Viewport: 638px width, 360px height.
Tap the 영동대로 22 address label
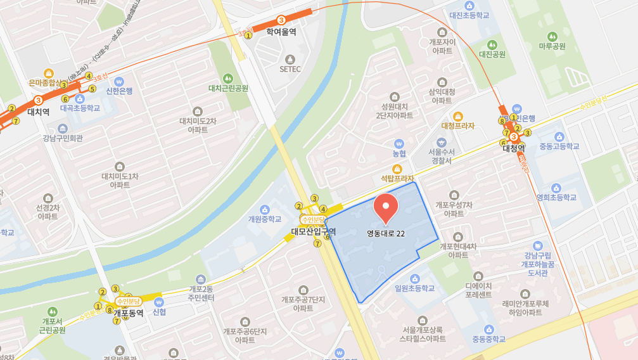point(386,233)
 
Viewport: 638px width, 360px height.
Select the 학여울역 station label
point(281,32)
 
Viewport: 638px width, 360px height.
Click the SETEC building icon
point(290,57)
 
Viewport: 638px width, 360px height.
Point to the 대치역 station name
point(39,112)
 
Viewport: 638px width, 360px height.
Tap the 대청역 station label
point(514,148)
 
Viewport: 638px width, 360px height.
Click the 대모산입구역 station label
point(313,231)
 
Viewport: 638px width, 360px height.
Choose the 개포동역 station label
point(129,312)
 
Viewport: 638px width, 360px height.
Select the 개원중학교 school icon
point(264,208)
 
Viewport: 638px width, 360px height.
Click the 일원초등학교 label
point(415,288)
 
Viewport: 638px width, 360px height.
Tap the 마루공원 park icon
point(552,35)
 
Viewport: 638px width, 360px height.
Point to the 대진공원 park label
point(492,55)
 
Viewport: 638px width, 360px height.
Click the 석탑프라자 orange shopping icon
point(397,169)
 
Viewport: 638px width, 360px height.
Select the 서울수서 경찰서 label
point(442,156)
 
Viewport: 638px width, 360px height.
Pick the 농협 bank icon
point(399,143)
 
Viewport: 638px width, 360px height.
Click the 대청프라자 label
point(458,125)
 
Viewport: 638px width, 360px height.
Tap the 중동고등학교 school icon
point(559,136)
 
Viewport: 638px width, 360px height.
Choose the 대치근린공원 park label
point(228,88)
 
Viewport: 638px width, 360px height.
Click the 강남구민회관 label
point(63,138)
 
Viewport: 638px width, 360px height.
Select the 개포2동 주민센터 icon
point(201,280)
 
